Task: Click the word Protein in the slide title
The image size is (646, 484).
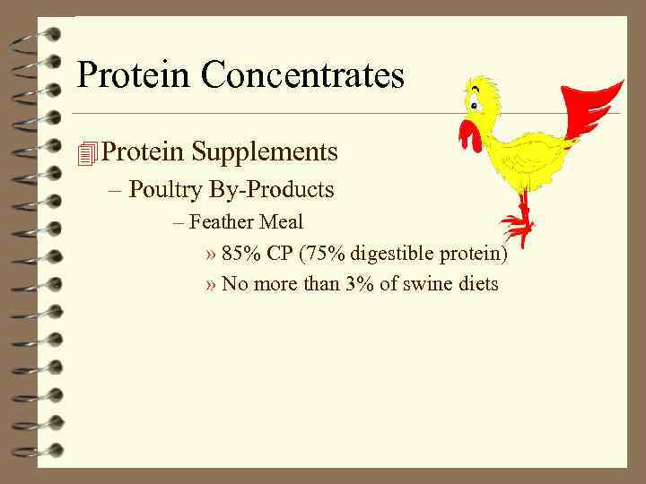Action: click(134, 75)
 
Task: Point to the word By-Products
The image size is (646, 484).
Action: click(273, 190)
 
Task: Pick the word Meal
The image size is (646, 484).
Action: click(283, 221)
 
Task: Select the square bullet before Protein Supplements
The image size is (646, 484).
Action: click(86, 153)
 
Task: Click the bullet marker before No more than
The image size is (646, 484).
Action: click(211, 286)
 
